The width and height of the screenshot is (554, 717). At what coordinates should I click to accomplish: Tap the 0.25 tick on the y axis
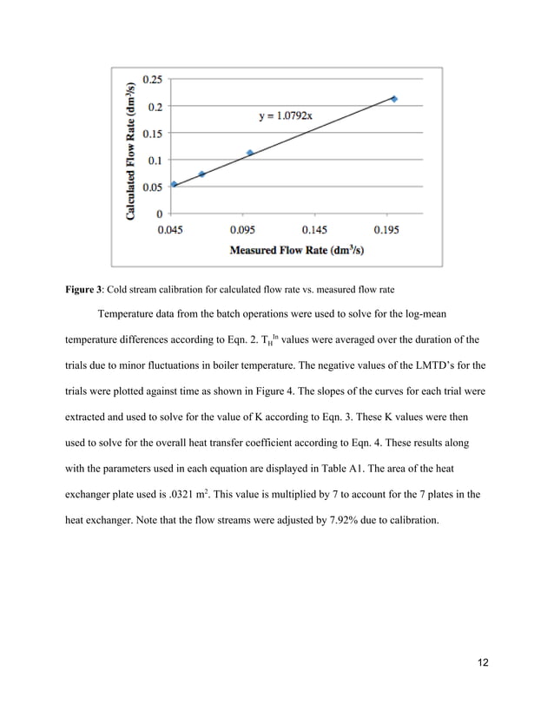tap(153, 79)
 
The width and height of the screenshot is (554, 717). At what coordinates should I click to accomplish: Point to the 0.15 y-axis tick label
tap(153, 133)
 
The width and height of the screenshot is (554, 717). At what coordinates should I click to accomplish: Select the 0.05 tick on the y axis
tap(153, 187)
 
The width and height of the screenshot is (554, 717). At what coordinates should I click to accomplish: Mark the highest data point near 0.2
tap(394, 99)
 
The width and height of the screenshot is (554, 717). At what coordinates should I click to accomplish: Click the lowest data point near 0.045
tap(175, 184)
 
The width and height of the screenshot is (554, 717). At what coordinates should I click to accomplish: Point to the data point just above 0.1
tap(250, 153)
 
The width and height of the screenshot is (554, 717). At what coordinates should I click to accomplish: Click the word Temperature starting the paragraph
tap(130, 314)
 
